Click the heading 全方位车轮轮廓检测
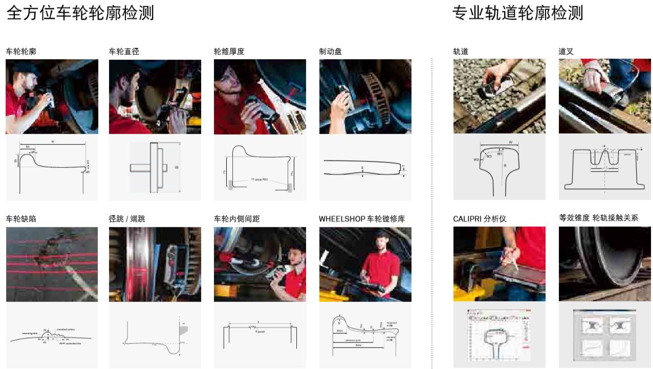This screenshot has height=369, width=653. [80, 13]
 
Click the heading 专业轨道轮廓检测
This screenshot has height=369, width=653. [517, 13]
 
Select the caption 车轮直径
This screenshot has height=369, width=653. [124, 52]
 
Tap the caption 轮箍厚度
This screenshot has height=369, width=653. [229, 52]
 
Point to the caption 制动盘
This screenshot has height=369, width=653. [330, 52]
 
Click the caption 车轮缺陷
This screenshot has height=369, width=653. [21, 219]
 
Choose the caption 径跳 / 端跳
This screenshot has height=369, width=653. [127, 219]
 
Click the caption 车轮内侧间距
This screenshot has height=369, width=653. [236, 219]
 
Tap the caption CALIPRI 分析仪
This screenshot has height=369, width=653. [480, 219]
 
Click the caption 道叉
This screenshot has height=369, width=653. [566, 52]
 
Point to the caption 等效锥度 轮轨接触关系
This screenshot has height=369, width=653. [598, 219]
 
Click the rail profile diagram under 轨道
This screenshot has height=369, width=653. [499, 167]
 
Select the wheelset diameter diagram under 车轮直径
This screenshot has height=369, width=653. [155, 167]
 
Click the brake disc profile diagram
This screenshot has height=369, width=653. [365, 168]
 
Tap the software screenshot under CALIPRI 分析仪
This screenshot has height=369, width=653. [499, 335]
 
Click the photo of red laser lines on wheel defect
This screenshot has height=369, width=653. [52, 264]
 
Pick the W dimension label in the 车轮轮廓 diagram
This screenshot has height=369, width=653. [53, 141]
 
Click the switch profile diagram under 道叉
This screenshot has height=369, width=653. [604, 167]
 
